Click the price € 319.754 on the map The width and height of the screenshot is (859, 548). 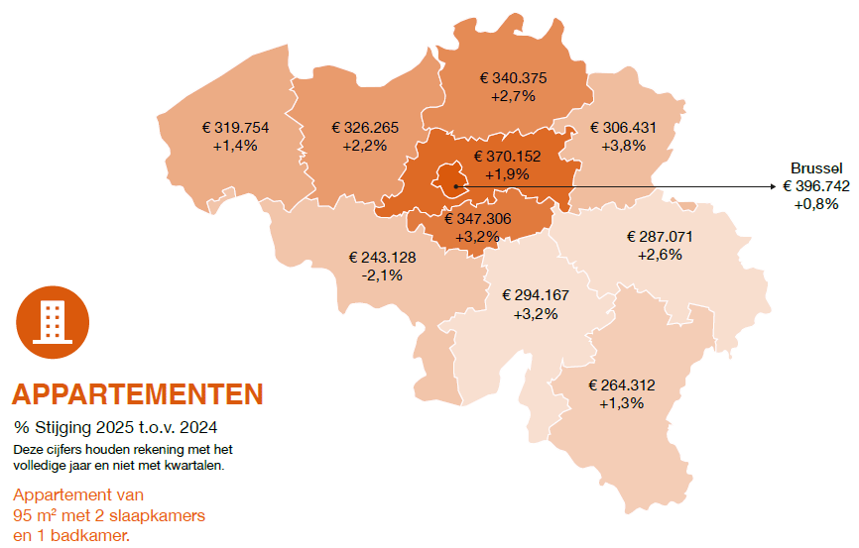point(235,128)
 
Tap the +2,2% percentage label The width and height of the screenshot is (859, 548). point(364,145)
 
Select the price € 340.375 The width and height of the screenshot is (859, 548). point(513,78)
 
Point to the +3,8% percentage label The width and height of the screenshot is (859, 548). point(623,145)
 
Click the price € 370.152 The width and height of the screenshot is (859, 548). point(507,156)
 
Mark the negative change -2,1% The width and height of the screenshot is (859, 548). point(382,274)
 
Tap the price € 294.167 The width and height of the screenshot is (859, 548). point(536,295)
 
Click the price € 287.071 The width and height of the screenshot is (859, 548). point(660,237)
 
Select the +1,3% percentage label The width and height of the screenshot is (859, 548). point(622,403)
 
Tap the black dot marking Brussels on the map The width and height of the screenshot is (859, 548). point(455,186)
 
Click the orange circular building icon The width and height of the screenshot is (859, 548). point(53,317)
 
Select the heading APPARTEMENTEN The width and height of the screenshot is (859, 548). point(138,394)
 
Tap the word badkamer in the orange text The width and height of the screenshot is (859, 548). point(94,535)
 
